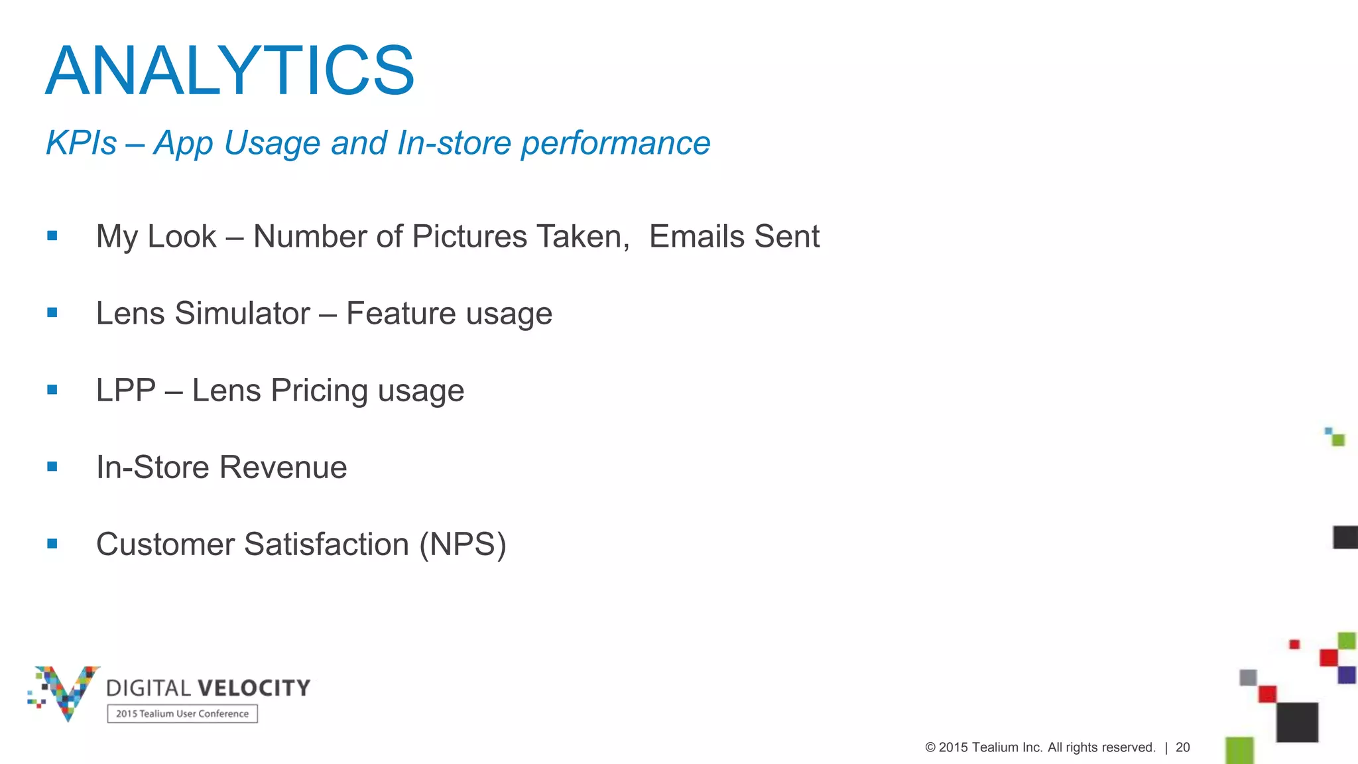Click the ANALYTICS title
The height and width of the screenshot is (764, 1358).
[x=230, y=71]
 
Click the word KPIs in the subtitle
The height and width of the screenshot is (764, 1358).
[x=81, y=143]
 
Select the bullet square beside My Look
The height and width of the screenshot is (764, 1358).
[x=52, y=235]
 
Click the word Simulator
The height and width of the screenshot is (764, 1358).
[x=242, y=314]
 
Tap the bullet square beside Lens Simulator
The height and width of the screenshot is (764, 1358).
[x=52, y=312]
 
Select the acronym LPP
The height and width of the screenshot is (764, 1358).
[x=126, y=391]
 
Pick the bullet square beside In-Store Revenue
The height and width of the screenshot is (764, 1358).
[x=52, y=467]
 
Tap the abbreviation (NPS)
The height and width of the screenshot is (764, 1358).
[x=462, y=544]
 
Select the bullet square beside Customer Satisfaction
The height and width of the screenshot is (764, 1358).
[x=52, y=544]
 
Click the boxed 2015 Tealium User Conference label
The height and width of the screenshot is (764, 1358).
[x=182, y=714]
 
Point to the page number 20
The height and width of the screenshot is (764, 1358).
[x=1183, y=747]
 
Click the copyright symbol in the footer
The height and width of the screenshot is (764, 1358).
[x=930, y=747]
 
